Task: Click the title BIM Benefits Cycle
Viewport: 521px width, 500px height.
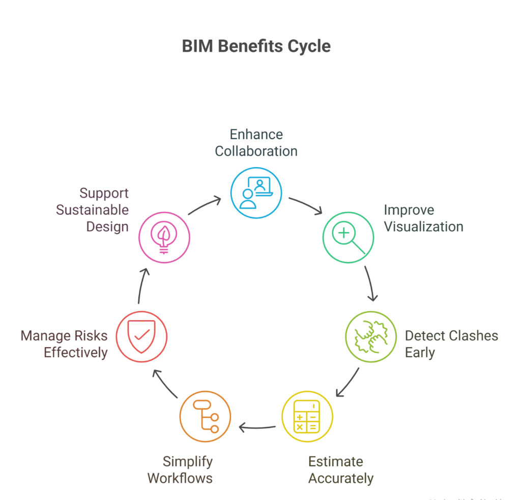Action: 256,46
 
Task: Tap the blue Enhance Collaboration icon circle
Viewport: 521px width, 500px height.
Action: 256,193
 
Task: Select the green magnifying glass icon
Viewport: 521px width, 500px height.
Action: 349,237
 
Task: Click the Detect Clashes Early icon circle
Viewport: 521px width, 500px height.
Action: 370,336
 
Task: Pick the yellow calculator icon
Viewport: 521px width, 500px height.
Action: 307,417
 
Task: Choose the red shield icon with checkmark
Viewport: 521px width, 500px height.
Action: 141,336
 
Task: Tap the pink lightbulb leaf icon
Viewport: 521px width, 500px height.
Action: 164,237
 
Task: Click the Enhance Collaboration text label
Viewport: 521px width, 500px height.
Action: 256,143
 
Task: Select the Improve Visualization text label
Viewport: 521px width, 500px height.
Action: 423,218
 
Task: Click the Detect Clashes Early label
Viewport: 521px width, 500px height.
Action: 451,344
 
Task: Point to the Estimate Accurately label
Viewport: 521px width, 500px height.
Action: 340,470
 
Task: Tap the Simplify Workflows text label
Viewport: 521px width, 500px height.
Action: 180,470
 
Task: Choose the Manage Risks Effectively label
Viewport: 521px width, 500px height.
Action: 64,344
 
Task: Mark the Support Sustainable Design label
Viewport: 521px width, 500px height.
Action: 93,210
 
